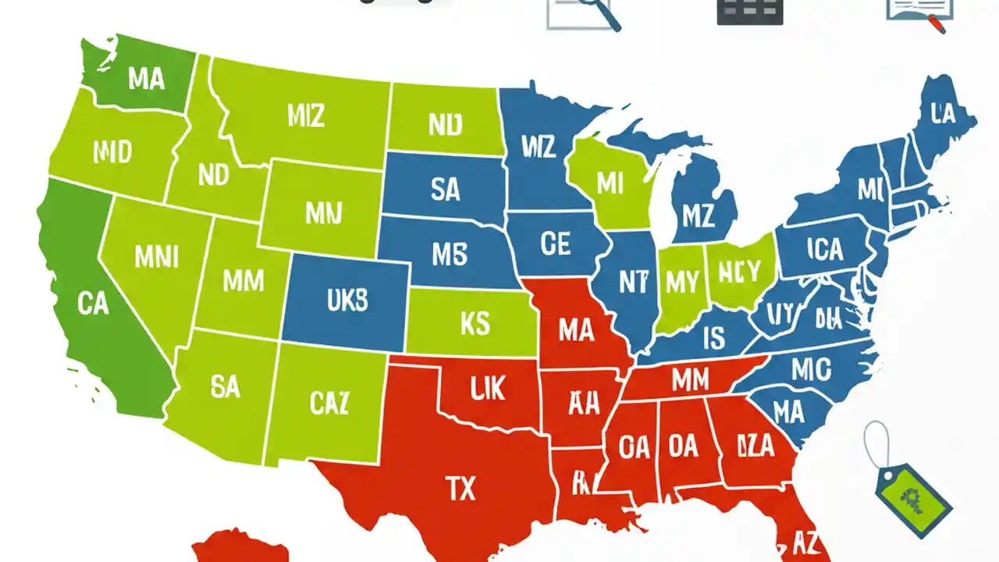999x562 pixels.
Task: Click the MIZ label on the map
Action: [x=305, y=117]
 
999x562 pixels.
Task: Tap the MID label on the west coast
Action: [x=112, y=153]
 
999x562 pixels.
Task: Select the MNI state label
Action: [x=156, y=256]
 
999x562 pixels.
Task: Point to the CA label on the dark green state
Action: [x=93, y=304]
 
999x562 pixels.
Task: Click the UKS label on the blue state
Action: [x=347, y=301]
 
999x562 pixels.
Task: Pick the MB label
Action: [x=449, y=253]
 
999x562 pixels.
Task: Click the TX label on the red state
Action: [x=460, y=489]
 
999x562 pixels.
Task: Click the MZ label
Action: [x=698, y=215]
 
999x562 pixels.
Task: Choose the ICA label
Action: [x=825, y=250]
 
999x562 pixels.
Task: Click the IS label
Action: [x=713, y=338]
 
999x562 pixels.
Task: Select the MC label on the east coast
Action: [x=811, y=369]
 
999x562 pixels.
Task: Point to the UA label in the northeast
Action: [x=943, y=115]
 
